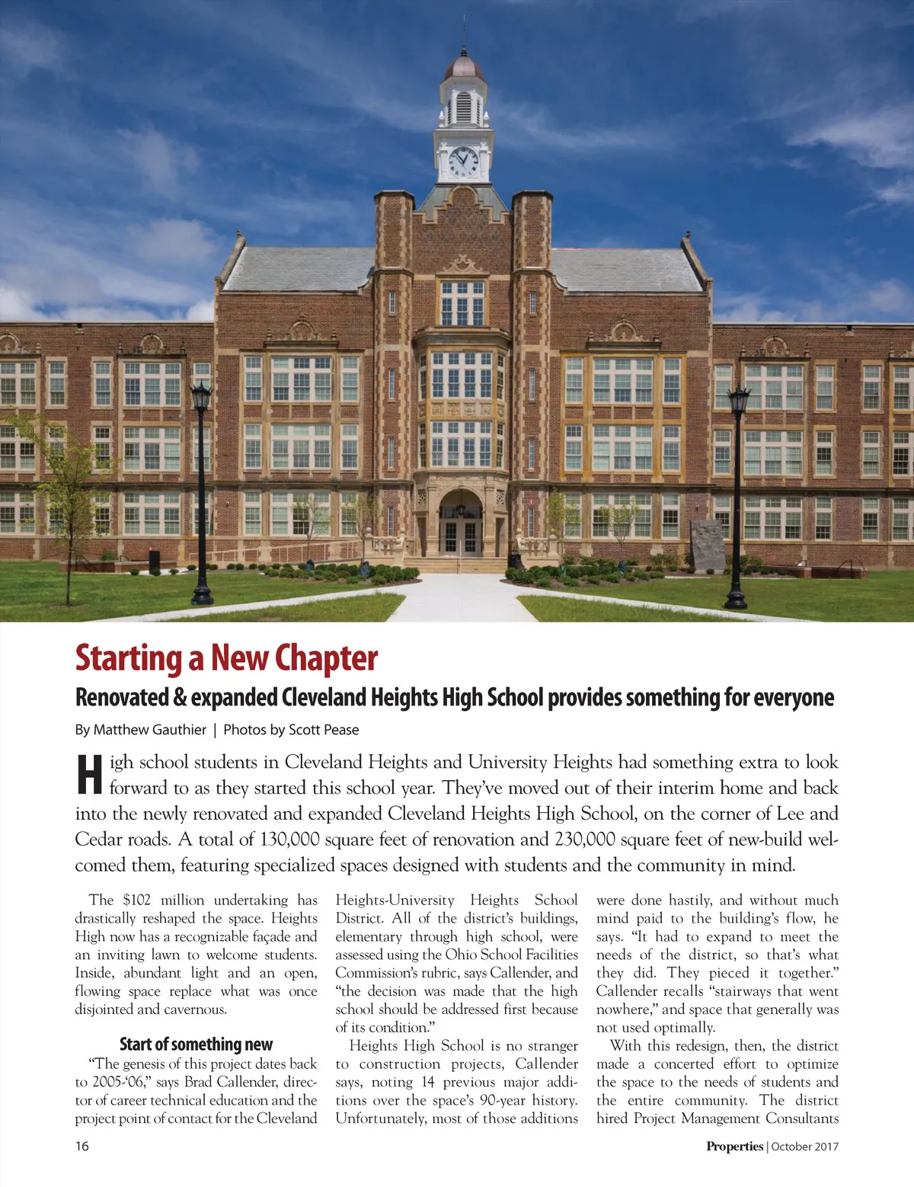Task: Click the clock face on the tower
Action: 463,161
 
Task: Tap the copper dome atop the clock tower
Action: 463,67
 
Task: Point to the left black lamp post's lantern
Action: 201,398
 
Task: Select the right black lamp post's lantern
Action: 738,400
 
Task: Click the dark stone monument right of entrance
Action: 708,546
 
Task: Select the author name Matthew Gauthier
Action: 149,730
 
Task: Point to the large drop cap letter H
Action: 89,776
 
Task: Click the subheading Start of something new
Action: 196,1044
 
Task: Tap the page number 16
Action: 81,1146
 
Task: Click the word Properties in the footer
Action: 734,1146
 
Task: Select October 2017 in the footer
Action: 805,1146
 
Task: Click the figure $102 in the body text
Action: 137,900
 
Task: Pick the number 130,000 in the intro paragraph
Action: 289,840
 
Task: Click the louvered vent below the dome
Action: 463,107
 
